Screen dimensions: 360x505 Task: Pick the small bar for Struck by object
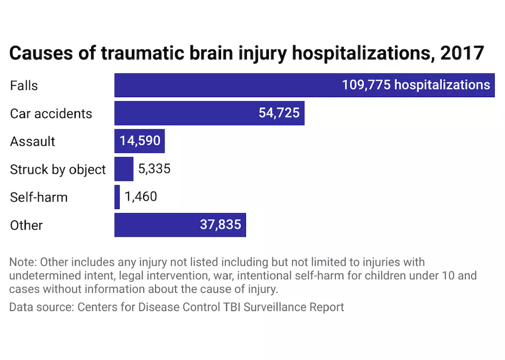[x=124, y=169]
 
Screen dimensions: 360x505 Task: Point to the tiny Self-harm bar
[x=117, y=197]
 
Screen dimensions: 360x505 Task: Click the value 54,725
[x=279, y=113]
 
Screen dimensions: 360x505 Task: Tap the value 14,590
[x=140, y=141]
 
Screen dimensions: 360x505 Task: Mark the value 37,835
[x=220, y=225]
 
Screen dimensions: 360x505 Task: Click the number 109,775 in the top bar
[x=366, y=85]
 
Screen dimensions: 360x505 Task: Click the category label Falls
[x=24, y=86]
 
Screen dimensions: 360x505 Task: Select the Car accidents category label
[x=51, y=114]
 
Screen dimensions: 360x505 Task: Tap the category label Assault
[x=33, y=141]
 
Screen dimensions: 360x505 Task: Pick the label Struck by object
[x=58, y=169]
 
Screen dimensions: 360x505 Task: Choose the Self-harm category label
[x=39, y=197]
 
